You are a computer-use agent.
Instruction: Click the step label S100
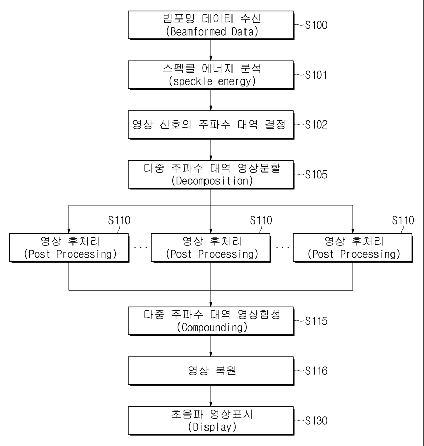coord(316,25)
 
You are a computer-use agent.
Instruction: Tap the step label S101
coord(316,75)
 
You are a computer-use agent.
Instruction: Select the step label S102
coord(316,125)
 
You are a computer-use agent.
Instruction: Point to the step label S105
coord(316,175)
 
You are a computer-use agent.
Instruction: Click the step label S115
coord(316,321)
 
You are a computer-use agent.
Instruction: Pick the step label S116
coord(316,371)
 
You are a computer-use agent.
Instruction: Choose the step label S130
coord(316,421)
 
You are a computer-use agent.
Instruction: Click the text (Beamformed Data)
coord(212,31)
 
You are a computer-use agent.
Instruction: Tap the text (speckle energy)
coord(212,81)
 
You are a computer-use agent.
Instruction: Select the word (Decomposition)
coord(212,181)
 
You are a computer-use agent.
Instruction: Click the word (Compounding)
coord(212,328)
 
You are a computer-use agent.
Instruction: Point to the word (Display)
coord(212,427)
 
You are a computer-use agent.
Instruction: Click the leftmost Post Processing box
coord(69,248)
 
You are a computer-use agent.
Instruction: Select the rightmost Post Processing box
coord(353,248)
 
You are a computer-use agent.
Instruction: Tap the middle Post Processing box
coord(211,248)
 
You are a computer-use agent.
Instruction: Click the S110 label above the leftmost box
coord(119,220)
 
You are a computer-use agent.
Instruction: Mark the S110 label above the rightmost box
coord(403,220)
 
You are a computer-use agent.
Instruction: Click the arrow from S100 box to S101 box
coord(211,50)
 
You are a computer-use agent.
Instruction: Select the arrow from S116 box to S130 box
coord(211,396)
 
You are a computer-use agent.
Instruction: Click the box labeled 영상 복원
coord(211,371)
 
